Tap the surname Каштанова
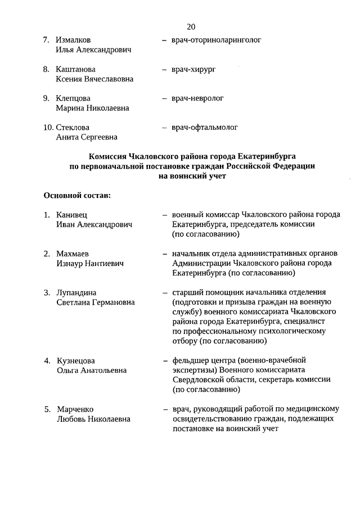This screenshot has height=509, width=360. point(76,70)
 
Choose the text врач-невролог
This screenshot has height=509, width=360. point(197,98)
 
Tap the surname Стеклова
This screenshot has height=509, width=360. point(73,128)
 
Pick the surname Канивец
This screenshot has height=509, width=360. point(72,215)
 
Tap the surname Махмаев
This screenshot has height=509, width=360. point(73,254)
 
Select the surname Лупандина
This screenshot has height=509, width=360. point(76,292)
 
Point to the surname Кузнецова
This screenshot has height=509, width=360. point(76,361)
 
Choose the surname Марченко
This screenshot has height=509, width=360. point(75,409)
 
